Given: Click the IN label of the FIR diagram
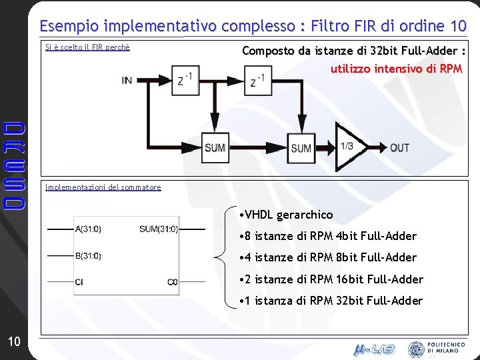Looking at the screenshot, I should (127, 80).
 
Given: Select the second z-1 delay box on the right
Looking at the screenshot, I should (257, 80).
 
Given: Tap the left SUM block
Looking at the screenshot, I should (215, 147).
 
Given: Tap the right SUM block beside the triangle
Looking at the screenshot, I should (301, 147).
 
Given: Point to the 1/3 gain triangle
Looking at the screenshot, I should (349, 147).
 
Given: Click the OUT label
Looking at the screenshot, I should (399, 147).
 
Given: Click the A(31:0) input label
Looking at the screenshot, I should (89, 229).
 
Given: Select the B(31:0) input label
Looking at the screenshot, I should (89, 255).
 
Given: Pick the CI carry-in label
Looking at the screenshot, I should (79, 282).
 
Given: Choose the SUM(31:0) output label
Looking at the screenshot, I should (159, 229).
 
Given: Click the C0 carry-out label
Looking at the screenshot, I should (173, 282).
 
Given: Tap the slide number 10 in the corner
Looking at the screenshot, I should (14, 342).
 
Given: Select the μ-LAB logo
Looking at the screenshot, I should (373, 348).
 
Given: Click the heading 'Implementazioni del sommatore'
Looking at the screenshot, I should (103, 187).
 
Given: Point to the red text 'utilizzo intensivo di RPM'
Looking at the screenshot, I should (396, 68).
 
